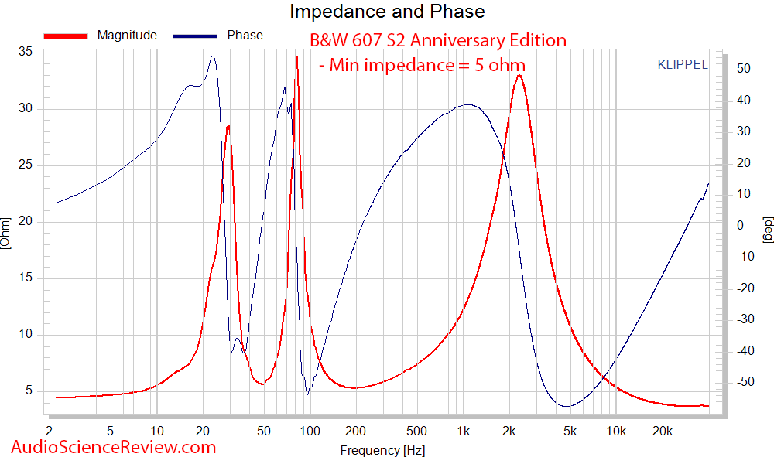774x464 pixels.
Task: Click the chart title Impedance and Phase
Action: click(x=387, y=12)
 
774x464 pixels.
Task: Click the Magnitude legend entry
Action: click(x=126, y=35)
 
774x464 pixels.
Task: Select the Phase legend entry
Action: click(x=245, y=35)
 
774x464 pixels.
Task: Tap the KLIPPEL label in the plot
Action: click(x=682, y=65)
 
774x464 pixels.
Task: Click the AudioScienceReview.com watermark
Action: click(x=113, y=446)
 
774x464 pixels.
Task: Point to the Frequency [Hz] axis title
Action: click(x=382, y=450)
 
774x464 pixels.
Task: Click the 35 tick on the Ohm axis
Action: click(x=26, y=52)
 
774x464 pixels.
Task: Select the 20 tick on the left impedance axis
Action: click(x=26, y=222)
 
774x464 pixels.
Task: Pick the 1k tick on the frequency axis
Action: click(x=463, y=431)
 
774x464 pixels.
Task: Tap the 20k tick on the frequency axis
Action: click(x=662, y=431)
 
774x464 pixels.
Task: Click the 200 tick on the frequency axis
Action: click(x=355, y=431)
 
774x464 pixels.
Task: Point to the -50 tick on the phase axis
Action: click(x=745, y=382)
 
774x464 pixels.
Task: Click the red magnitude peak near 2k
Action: click(x=519, y=75)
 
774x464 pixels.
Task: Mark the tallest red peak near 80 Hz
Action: click(x=296, y=56)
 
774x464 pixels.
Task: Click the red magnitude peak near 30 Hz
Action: click(x=228, y=125)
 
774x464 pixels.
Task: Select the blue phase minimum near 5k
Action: click(x=567, y=406)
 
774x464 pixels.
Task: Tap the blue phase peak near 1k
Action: click(x=467, y=104)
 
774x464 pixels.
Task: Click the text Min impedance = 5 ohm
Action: click(x=422, y=65)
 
